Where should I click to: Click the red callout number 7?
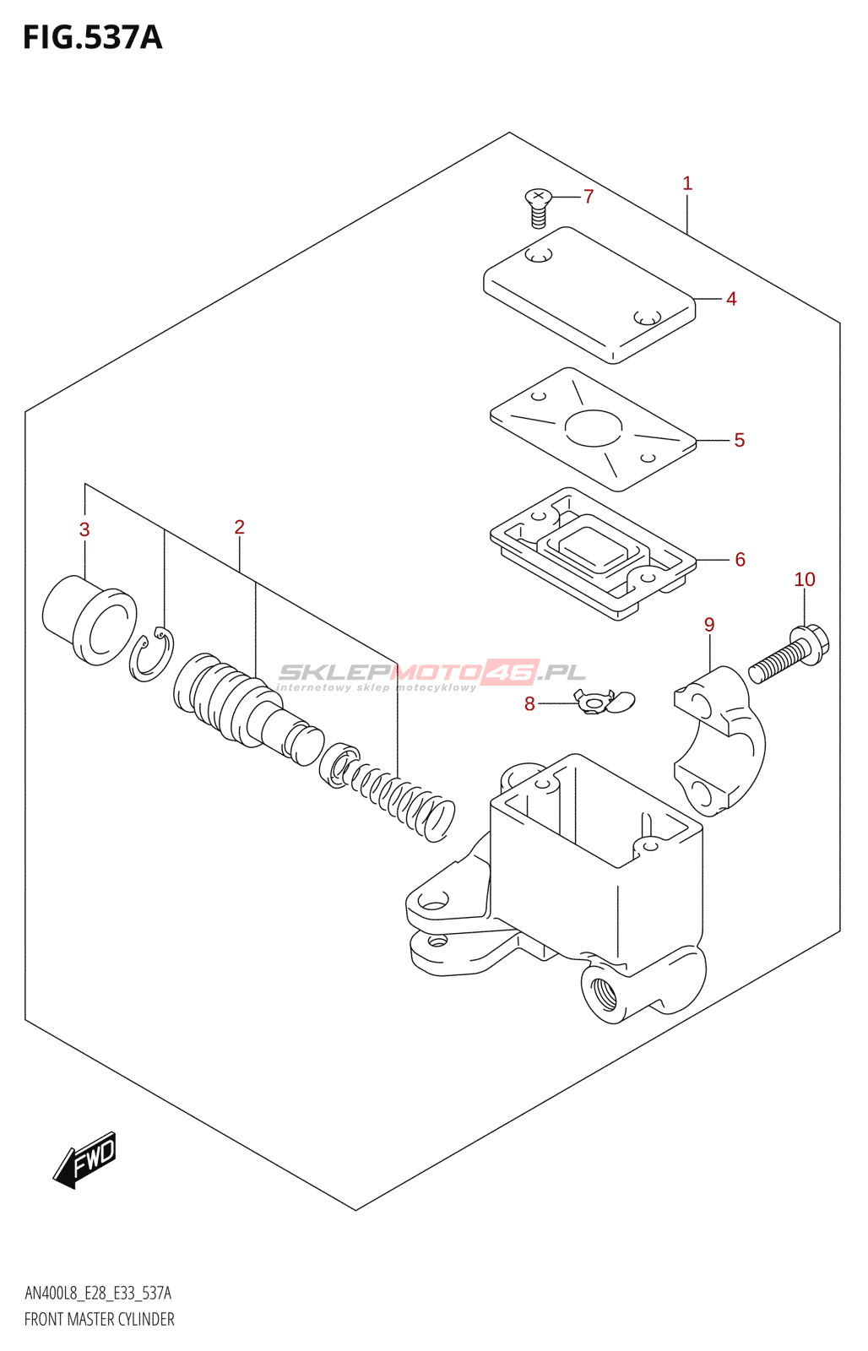pos(589,197)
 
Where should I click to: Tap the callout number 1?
pos(687,183)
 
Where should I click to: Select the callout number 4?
pos(731,299)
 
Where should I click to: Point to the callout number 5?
pos(739,440)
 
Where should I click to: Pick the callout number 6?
pos(740,560)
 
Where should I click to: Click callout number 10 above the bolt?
pos(804,579)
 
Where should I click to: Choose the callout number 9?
pos(709,625)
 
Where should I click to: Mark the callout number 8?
pos(529,704)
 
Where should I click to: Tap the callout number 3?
pos(84,530)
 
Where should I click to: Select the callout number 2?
pos(240,527)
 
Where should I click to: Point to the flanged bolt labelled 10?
pos(789,655)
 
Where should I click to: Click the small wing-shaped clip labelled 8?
pos(603,701)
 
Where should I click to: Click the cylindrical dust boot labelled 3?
pos(89,620)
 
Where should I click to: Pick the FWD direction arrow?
pos(84,1160)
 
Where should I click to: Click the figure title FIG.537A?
pos(93,38)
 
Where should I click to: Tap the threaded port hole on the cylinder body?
pos(604,993)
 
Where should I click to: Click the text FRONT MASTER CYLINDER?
pos(100,1319)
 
